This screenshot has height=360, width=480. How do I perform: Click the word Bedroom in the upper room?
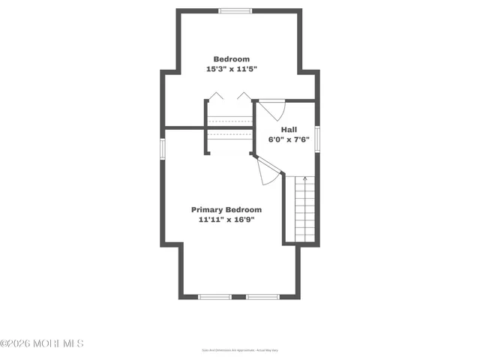pos(232,59)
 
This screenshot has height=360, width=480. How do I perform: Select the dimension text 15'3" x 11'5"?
pos(232,69)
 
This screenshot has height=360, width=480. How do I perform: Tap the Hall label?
pos(289,130)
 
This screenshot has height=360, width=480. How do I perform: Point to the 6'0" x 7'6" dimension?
pos(289,139)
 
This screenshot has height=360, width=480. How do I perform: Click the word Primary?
pos(208,210)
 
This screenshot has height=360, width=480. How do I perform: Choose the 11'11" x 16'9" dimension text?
pos(226,220)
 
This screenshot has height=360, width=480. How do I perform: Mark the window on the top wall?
pos(235,10)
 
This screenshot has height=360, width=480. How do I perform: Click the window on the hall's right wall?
pos(317,139)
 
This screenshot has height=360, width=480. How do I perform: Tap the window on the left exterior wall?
pos(161,147)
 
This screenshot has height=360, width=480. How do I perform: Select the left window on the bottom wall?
pos(214,297)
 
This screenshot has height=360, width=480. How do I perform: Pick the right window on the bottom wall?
pos(262,297)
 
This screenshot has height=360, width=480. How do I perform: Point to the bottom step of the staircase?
pos(304,238)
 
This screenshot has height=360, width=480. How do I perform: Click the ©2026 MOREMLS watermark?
pos(42,343)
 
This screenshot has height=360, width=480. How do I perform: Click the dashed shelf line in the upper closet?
pos(229,120)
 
